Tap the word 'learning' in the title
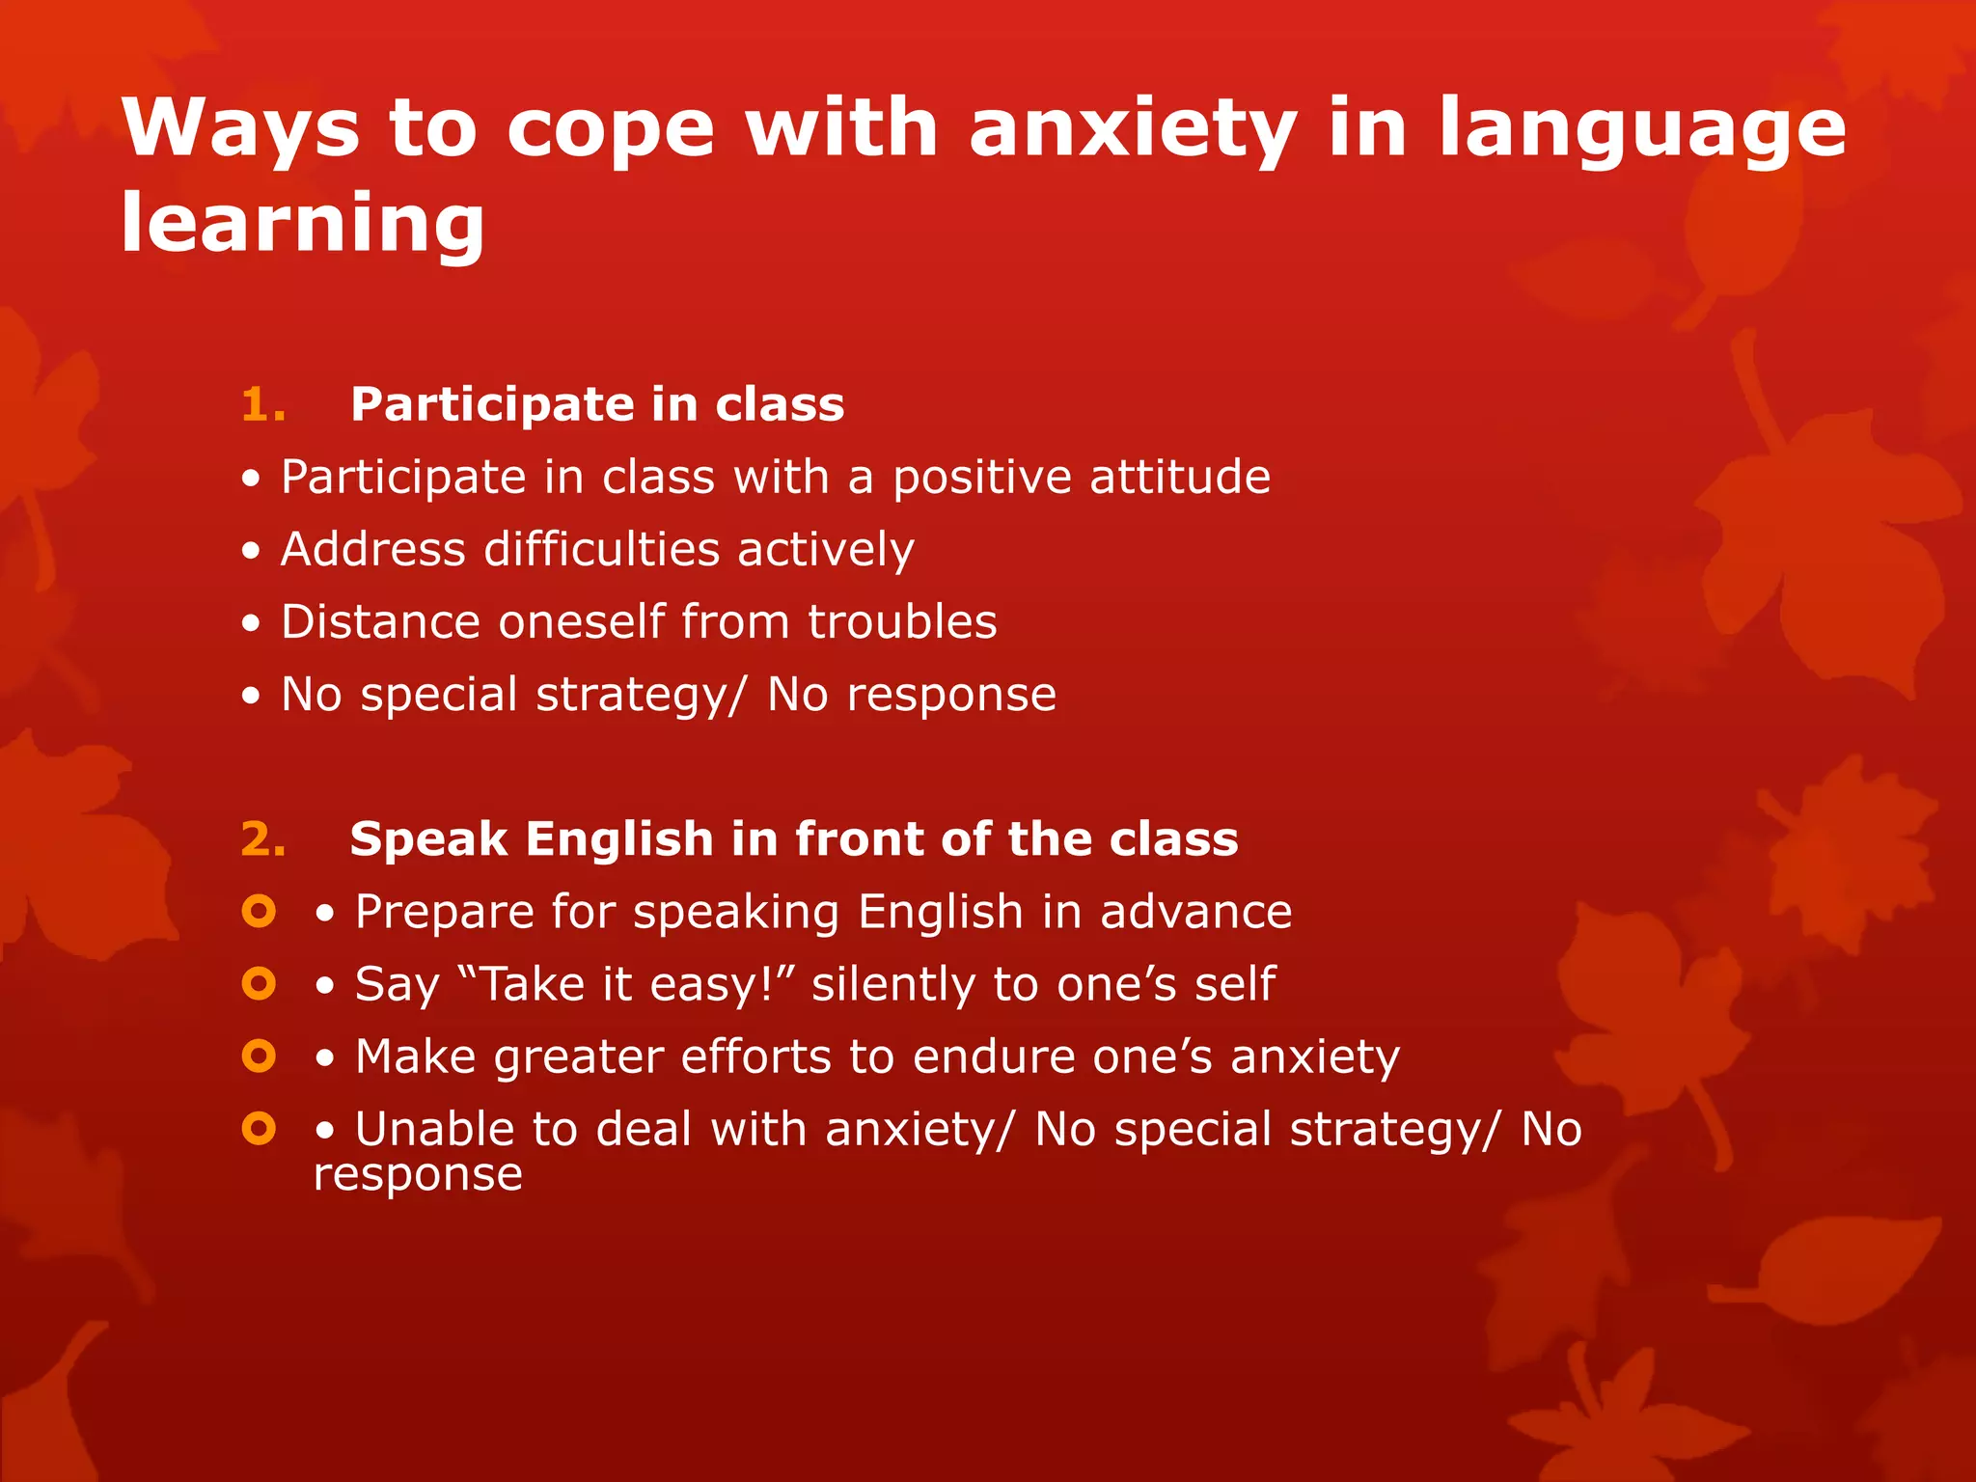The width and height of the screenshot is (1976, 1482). [x=302, y=223]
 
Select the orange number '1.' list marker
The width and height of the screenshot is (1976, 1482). [x=262, y=404]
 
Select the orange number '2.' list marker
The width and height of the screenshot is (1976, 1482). [x=262, y=839]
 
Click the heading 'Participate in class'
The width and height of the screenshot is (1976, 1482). [x=597, y=404]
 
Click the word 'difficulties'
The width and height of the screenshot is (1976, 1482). [x=601, y=550]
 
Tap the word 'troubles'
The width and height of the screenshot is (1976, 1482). [x=902, y=622]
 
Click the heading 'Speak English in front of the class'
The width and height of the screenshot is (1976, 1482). [x=793, y=839]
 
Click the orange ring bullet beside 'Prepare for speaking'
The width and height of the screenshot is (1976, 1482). [x=259, y=911]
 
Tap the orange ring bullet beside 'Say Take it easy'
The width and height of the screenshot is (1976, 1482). [x=259, y=983]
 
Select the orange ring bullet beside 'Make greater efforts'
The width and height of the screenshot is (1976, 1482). [x=259, y=1056]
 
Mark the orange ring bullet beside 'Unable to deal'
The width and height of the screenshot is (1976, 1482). [x=259, y=1128]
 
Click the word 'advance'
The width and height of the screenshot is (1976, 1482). [x=1195, y=913]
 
